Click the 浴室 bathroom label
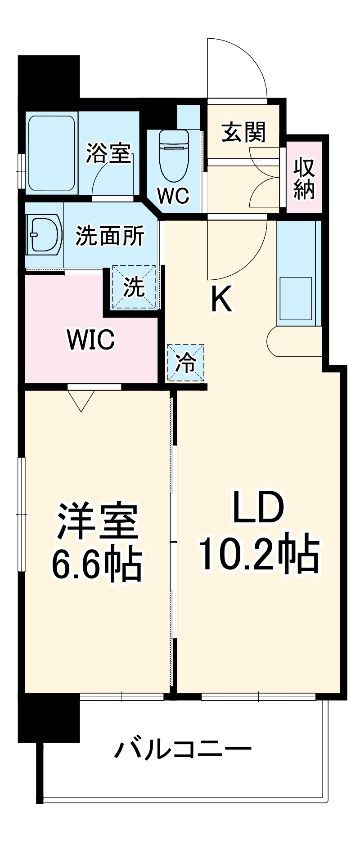point(108,153)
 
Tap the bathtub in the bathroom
point(51,153)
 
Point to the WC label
point(173,195)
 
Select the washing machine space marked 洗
point(134,287)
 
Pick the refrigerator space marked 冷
point(185,363)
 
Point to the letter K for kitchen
point(221,300)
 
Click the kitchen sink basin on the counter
point(296,292)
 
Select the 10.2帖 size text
point(258,554)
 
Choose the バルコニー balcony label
point(182,749)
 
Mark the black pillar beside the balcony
point(49,718)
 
